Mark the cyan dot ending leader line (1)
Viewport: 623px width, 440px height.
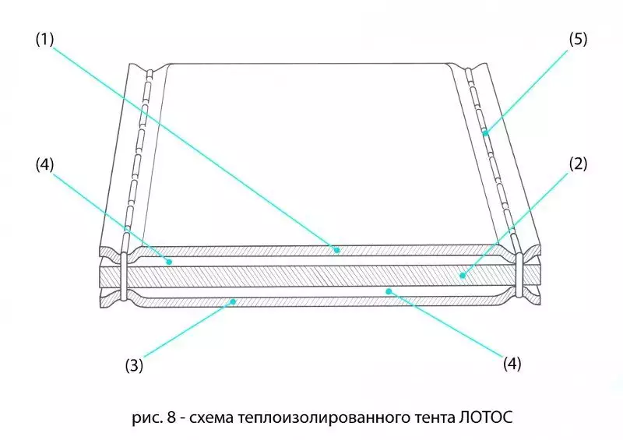tap(336, 250)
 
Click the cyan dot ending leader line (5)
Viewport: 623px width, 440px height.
tap(484, 133)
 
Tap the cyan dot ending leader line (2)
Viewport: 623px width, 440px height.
tap(462, 274)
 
